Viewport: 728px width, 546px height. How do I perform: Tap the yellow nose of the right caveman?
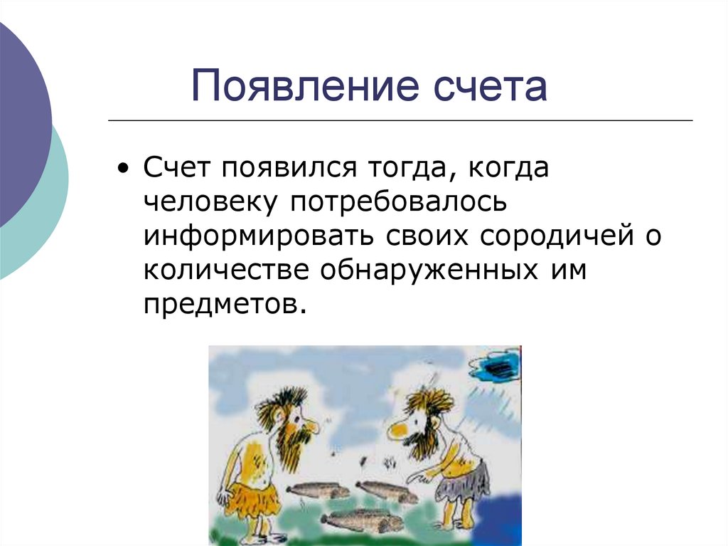tap(396, 429)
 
